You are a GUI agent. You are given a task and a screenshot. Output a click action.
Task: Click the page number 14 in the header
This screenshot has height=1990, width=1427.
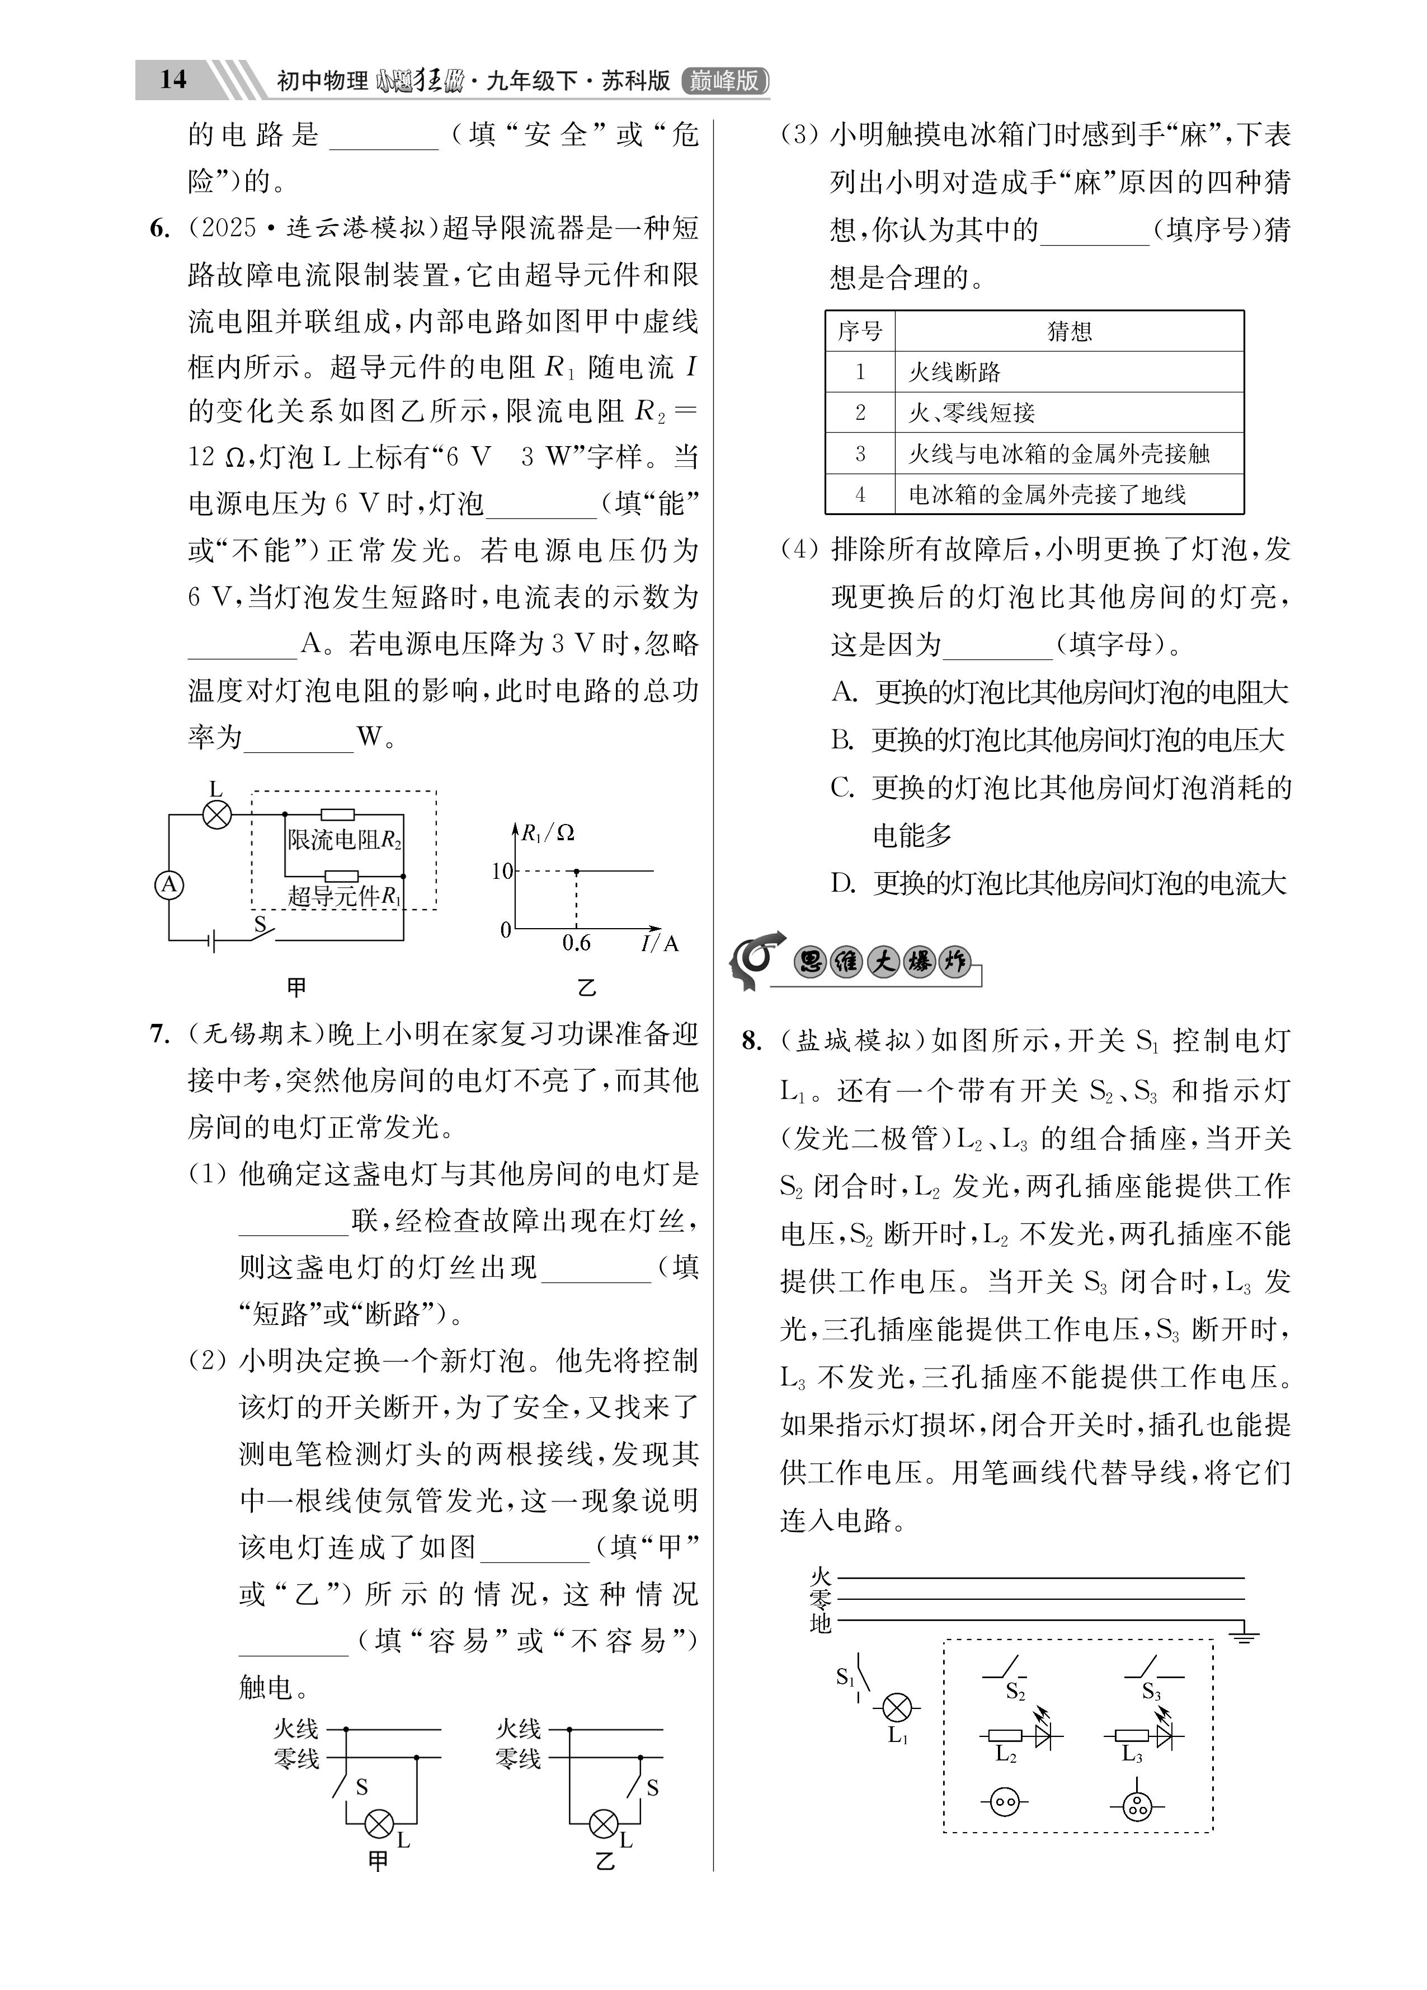coord(173,80)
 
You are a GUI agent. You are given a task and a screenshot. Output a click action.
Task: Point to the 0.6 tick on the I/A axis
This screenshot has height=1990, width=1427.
coord(576,943)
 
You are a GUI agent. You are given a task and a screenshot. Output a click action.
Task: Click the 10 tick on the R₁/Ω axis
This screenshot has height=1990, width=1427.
coord(502,871)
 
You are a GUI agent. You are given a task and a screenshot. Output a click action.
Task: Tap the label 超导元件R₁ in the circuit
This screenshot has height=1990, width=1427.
coord(345,896)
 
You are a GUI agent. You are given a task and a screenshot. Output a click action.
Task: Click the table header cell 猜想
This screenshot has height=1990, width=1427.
coord(1069,331)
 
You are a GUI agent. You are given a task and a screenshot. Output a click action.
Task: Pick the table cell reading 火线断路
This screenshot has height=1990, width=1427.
coord(954,372)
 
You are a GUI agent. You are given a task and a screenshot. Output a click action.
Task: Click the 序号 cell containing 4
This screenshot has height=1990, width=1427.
coord(860,495)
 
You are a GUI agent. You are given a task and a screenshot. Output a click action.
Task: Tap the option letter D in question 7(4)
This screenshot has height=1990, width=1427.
coord(843,883)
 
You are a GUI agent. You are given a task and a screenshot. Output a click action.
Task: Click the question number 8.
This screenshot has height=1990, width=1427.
coord(752,1042)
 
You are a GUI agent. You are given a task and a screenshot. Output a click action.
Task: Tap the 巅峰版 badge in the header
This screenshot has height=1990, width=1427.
coord(724,81)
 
